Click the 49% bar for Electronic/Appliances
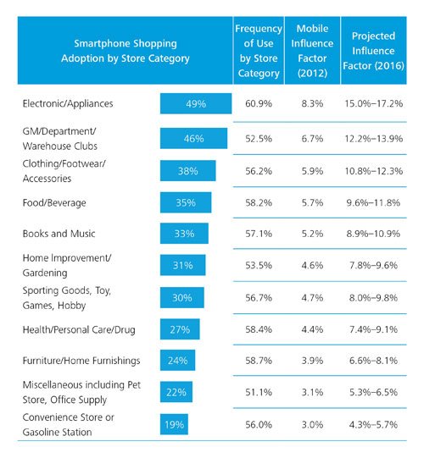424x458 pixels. coord(196,104)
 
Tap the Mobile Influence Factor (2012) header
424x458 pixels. coord(310,51)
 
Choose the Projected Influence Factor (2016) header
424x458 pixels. coord(373,51)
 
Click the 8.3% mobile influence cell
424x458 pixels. coord(310,104)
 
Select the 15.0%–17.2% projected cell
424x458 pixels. coord(373,104)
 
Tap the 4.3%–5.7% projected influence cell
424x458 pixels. coord(373,424)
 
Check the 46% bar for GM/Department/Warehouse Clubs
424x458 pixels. coord(194,137)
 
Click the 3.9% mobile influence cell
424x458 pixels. coord(310,361)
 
